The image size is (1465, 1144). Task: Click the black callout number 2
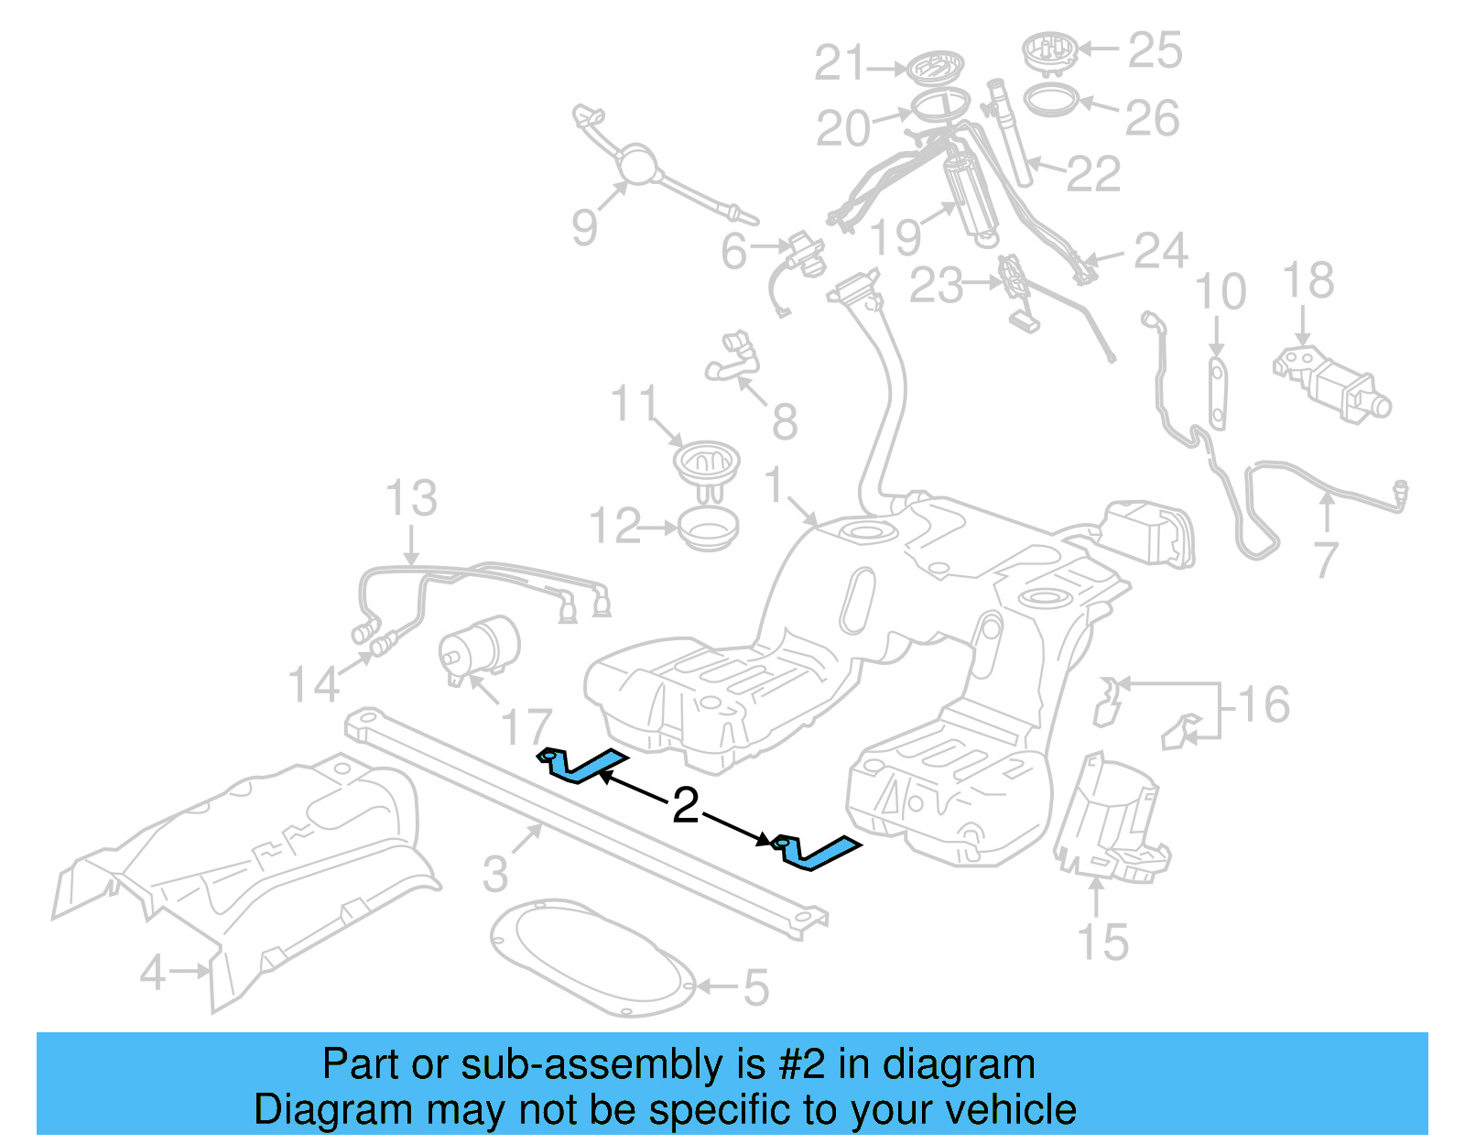point(685,806)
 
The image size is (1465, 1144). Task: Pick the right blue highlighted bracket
point(818,851)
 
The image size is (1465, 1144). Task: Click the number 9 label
point(584,226)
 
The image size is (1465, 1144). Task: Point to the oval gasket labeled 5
point(591,957)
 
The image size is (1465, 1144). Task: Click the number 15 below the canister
point(1102,942)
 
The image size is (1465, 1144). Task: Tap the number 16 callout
point(1264,704)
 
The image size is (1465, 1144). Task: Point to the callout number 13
point(410,498)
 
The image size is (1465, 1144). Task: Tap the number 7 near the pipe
point(1327,560)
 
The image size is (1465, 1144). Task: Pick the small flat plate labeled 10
point(1217,394)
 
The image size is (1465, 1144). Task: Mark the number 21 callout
point(840,64)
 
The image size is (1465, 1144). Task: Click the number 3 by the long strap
point(495,873)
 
